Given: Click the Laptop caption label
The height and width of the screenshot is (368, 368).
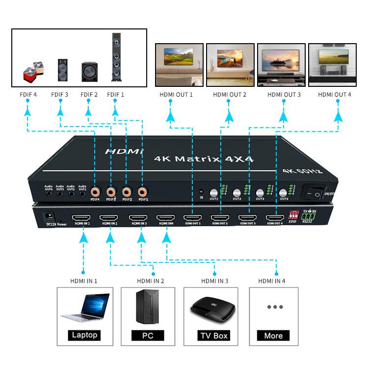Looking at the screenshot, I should coord(84,336).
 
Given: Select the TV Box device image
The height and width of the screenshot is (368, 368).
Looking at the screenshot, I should coord(211,310).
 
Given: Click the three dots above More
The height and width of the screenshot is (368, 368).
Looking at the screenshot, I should coord(275,307).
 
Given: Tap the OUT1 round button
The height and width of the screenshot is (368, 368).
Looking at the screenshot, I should coord(213,193).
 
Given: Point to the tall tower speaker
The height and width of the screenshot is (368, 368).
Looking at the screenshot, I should coord(116,56).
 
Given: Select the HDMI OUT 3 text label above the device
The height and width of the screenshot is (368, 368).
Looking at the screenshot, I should coord(284,94).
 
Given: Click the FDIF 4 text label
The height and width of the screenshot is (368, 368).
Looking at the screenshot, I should coord(29,94).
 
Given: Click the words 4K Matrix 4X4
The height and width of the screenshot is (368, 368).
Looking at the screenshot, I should coord(189,158).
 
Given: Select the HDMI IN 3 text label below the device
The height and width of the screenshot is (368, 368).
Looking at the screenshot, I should coord(214,281).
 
